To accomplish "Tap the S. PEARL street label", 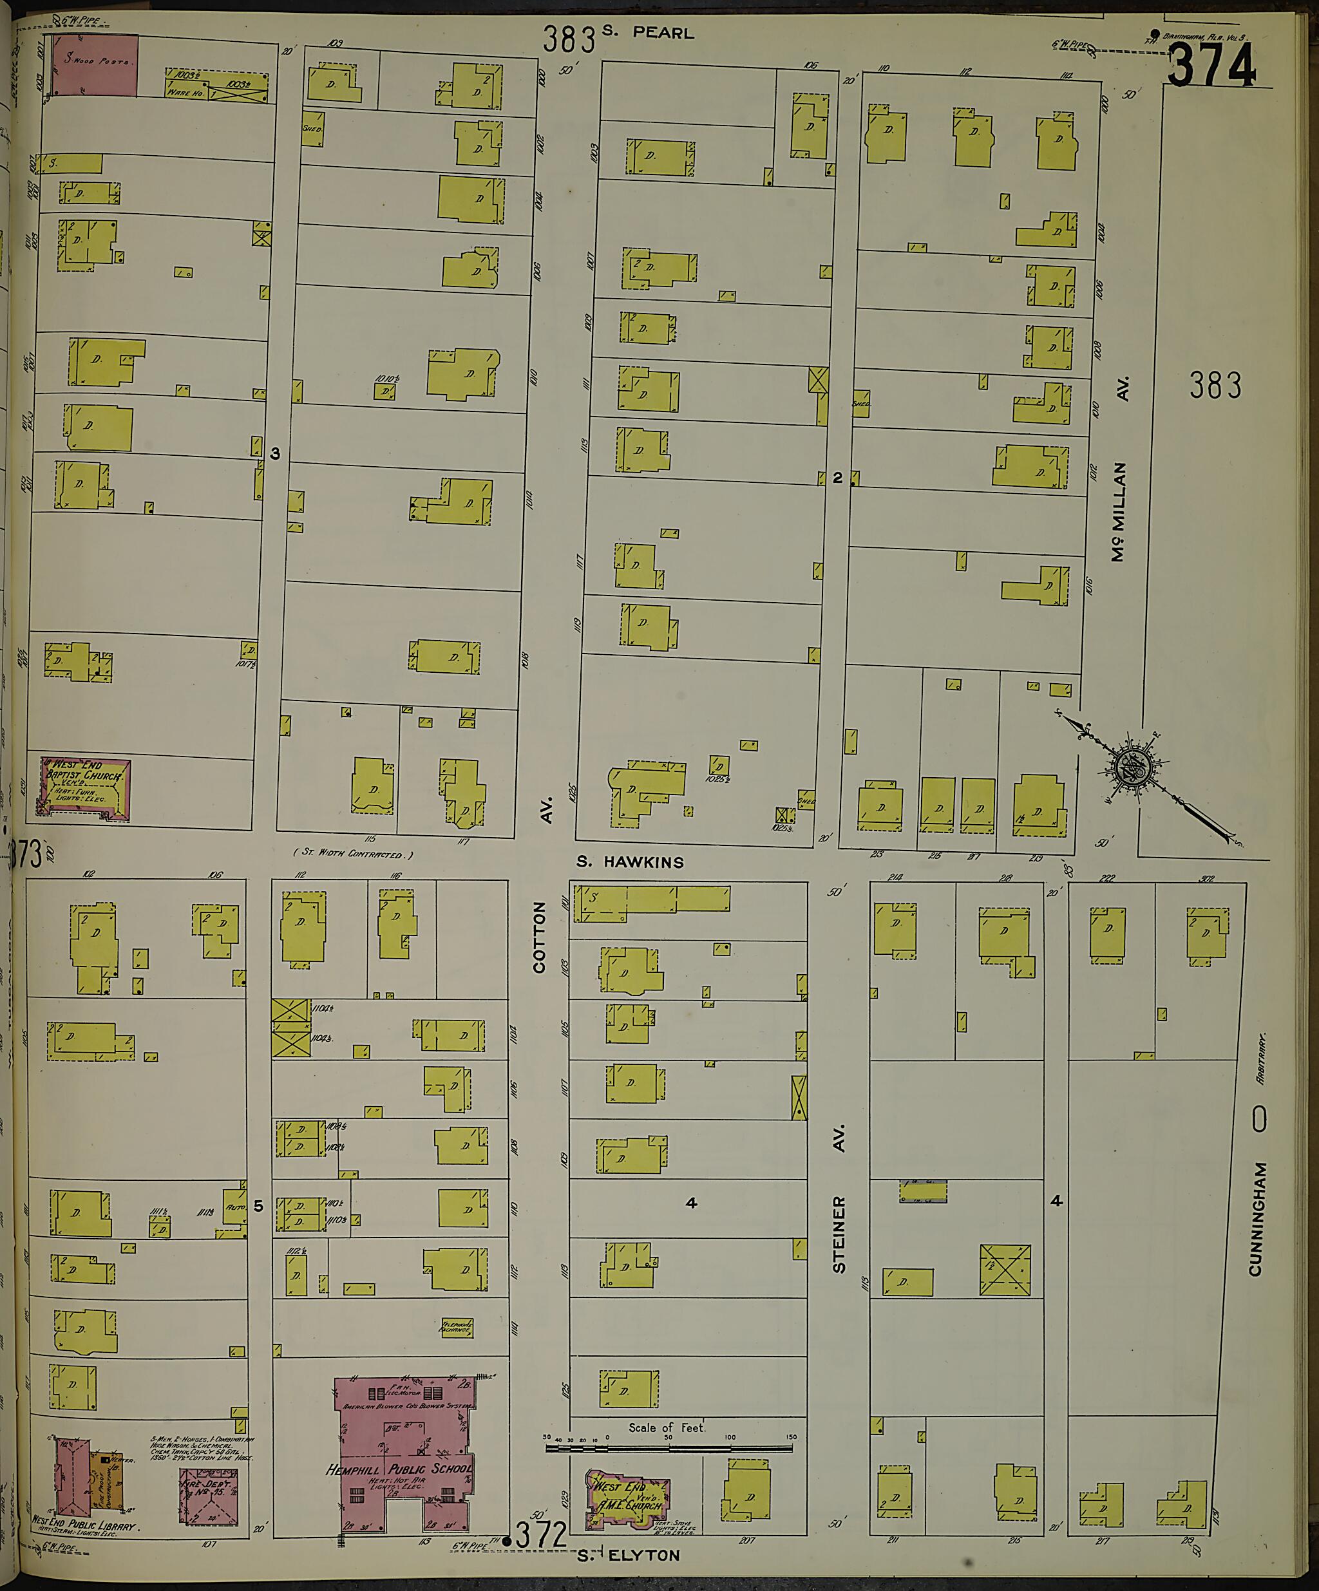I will (x=648, y=33).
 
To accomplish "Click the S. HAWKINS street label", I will (x=630, y=861).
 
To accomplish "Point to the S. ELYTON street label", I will (x=628, y=1555).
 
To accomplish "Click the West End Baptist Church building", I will (x=85, y=789).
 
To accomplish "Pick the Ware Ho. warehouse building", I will (x=216, y=85).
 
